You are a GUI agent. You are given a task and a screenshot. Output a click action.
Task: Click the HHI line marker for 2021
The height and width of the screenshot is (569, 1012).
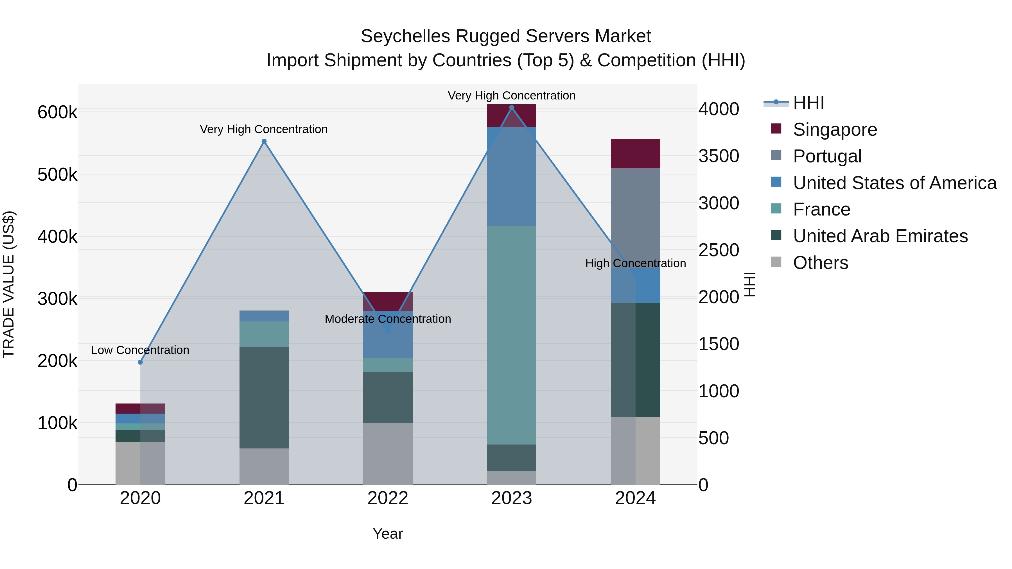264,141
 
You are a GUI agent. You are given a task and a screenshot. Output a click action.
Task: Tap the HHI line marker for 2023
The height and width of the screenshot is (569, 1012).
512,108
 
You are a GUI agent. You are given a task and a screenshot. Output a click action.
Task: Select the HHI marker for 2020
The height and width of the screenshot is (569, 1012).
140,362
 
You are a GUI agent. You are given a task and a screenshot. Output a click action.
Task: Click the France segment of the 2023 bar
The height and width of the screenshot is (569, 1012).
512,335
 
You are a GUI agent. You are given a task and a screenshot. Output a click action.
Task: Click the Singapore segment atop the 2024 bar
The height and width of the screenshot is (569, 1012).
635,153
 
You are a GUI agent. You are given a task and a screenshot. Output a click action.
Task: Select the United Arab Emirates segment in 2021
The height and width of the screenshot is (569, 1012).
264,397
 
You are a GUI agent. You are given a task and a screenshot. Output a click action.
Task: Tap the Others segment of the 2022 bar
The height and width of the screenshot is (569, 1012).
388,454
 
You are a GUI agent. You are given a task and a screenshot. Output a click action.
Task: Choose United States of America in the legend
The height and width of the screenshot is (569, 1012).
894,183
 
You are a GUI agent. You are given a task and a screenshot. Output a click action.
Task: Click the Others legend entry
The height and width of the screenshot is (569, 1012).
820,263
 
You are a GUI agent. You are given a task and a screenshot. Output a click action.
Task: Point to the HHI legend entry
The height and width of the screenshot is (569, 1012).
808,103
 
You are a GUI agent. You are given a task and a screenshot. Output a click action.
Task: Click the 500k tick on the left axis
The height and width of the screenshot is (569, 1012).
57,175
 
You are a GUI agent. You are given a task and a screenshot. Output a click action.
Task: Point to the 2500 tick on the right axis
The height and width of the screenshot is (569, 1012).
719,250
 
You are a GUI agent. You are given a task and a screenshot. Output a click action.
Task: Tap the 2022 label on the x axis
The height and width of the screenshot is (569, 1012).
388,498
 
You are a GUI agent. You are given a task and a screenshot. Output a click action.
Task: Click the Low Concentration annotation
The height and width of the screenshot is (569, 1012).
140,350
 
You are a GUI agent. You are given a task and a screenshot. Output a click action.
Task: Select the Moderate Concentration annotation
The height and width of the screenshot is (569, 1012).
388,319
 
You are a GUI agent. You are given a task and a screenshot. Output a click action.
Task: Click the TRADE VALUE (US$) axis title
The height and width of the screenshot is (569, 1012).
9,284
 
